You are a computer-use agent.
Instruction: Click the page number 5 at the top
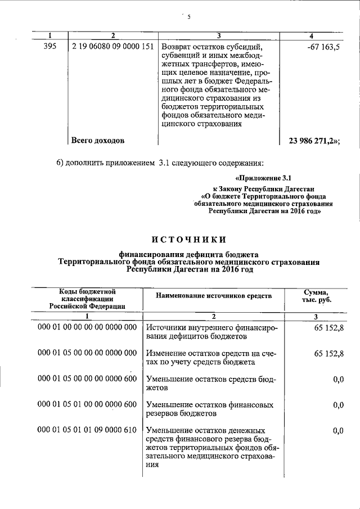coord(190,17)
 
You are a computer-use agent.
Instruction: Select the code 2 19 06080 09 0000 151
coord(112,47)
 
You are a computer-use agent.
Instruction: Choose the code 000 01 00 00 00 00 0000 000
coord(87,327)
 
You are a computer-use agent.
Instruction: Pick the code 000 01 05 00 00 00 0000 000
coord(87,353)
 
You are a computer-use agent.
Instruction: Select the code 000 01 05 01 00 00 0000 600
coord(87,404)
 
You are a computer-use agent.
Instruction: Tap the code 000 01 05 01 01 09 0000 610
coord(87,430)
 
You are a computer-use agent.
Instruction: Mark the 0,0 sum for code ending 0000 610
coord(338,430)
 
